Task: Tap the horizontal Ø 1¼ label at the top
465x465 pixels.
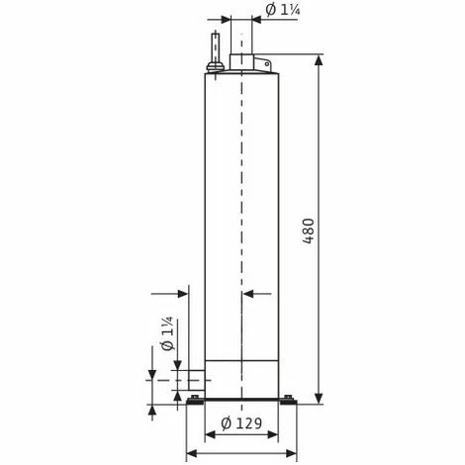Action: click(284, 11)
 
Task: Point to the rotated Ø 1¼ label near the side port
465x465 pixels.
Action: click(167, 337)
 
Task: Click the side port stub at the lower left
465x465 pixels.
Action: click(191, 378)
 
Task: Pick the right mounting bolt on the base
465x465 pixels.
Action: click(287, 399)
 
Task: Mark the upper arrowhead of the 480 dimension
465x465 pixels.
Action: click(320, 60)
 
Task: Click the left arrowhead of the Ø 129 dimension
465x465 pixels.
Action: click(210, 434)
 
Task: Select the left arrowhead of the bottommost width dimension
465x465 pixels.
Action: click(191, 453)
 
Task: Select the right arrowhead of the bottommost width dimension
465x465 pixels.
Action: click(294, 453)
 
